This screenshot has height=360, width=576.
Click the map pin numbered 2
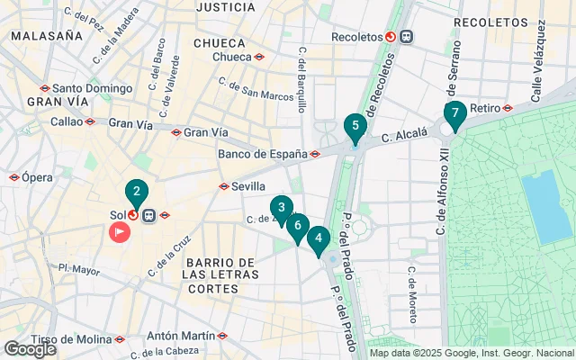(136, 192)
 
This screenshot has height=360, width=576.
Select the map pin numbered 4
(318, 239)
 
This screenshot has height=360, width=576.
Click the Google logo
(30, 349)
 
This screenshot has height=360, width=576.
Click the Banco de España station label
(263, 154)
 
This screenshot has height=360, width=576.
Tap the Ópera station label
(38, 178)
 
